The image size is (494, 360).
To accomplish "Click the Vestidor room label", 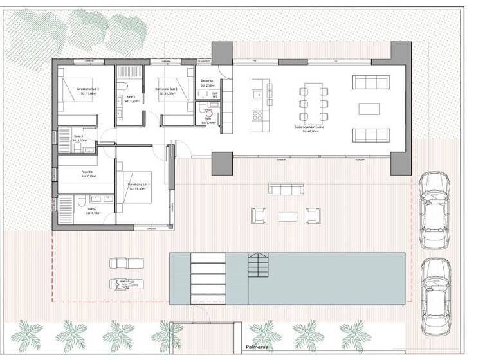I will pos(88,174).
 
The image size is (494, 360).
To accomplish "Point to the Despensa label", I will pos(206,82).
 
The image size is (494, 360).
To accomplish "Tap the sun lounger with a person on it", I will pos(124,283).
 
